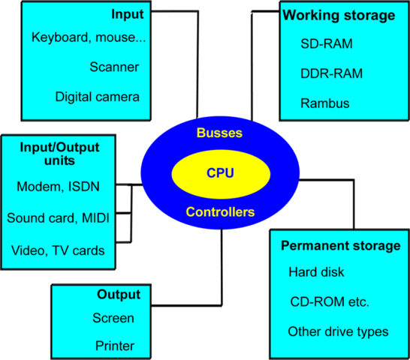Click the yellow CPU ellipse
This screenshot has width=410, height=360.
pos(220,173)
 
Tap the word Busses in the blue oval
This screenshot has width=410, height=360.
pos(220,133)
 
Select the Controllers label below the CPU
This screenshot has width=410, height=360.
pos(220,212)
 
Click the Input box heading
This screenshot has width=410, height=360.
pos(127,15)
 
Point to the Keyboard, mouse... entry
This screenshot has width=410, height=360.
pos(89,37)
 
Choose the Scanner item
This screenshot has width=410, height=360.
pos(116,66)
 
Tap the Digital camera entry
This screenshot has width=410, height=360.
pos(98,97)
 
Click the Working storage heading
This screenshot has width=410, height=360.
pos(338,16)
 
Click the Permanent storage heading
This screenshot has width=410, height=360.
pos(339,246)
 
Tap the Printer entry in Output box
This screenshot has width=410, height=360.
pos(114,346)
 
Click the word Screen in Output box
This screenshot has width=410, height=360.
pos(113,318)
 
